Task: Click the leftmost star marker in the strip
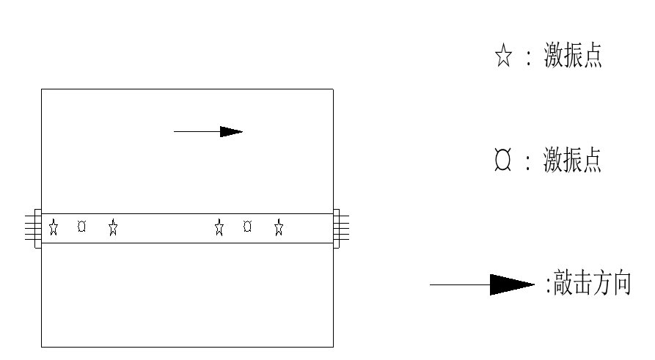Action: coord(54,227)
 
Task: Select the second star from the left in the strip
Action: coord(113,227)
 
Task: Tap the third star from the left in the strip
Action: coord(219,227)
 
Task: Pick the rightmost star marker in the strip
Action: coord(279,227)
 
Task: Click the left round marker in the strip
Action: coord(82,227)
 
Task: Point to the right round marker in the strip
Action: coord(247,227)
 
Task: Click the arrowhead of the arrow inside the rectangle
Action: coord(231,131)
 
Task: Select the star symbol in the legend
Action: coord(503,55)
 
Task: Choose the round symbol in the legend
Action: coord(502,159)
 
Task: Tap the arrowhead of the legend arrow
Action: coord(512,284)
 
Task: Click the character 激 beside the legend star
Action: coord(554,55)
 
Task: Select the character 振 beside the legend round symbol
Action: coord(572,160)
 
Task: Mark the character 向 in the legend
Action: coord(622,283)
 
